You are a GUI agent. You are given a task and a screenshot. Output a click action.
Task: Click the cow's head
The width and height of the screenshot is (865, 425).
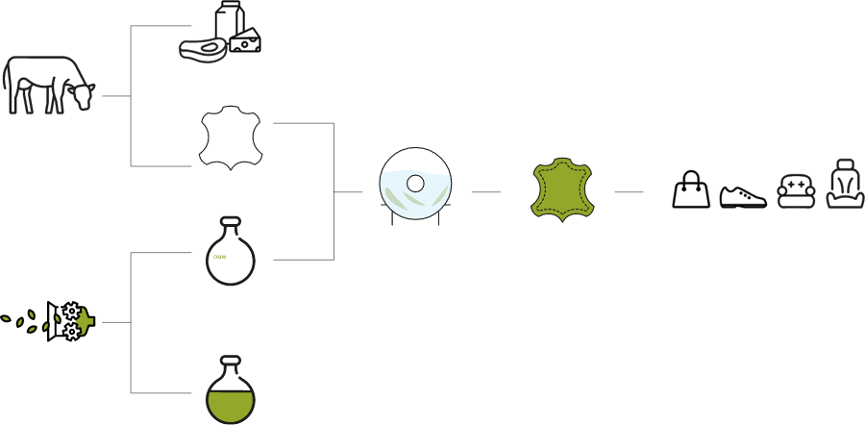click(83, 94)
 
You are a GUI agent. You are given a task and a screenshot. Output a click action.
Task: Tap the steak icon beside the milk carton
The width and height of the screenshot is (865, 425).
click(204, 47)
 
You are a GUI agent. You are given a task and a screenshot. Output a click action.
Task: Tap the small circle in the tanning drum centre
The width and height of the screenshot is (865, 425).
click(416, 182)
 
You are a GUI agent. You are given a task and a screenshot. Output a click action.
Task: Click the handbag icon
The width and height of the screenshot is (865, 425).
click(690, 192)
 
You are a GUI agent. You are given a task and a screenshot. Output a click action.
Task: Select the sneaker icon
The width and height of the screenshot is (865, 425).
click(744, 195)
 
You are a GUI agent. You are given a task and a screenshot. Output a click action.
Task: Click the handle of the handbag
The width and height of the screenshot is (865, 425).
click(690, 178)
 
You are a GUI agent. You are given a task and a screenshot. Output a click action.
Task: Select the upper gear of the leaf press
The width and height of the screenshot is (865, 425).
click(71, 311)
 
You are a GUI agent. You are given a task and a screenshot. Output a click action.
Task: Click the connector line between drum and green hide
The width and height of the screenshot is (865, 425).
click(485, 192)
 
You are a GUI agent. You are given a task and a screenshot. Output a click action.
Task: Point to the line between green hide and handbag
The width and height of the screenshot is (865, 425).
click(629, 192)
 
